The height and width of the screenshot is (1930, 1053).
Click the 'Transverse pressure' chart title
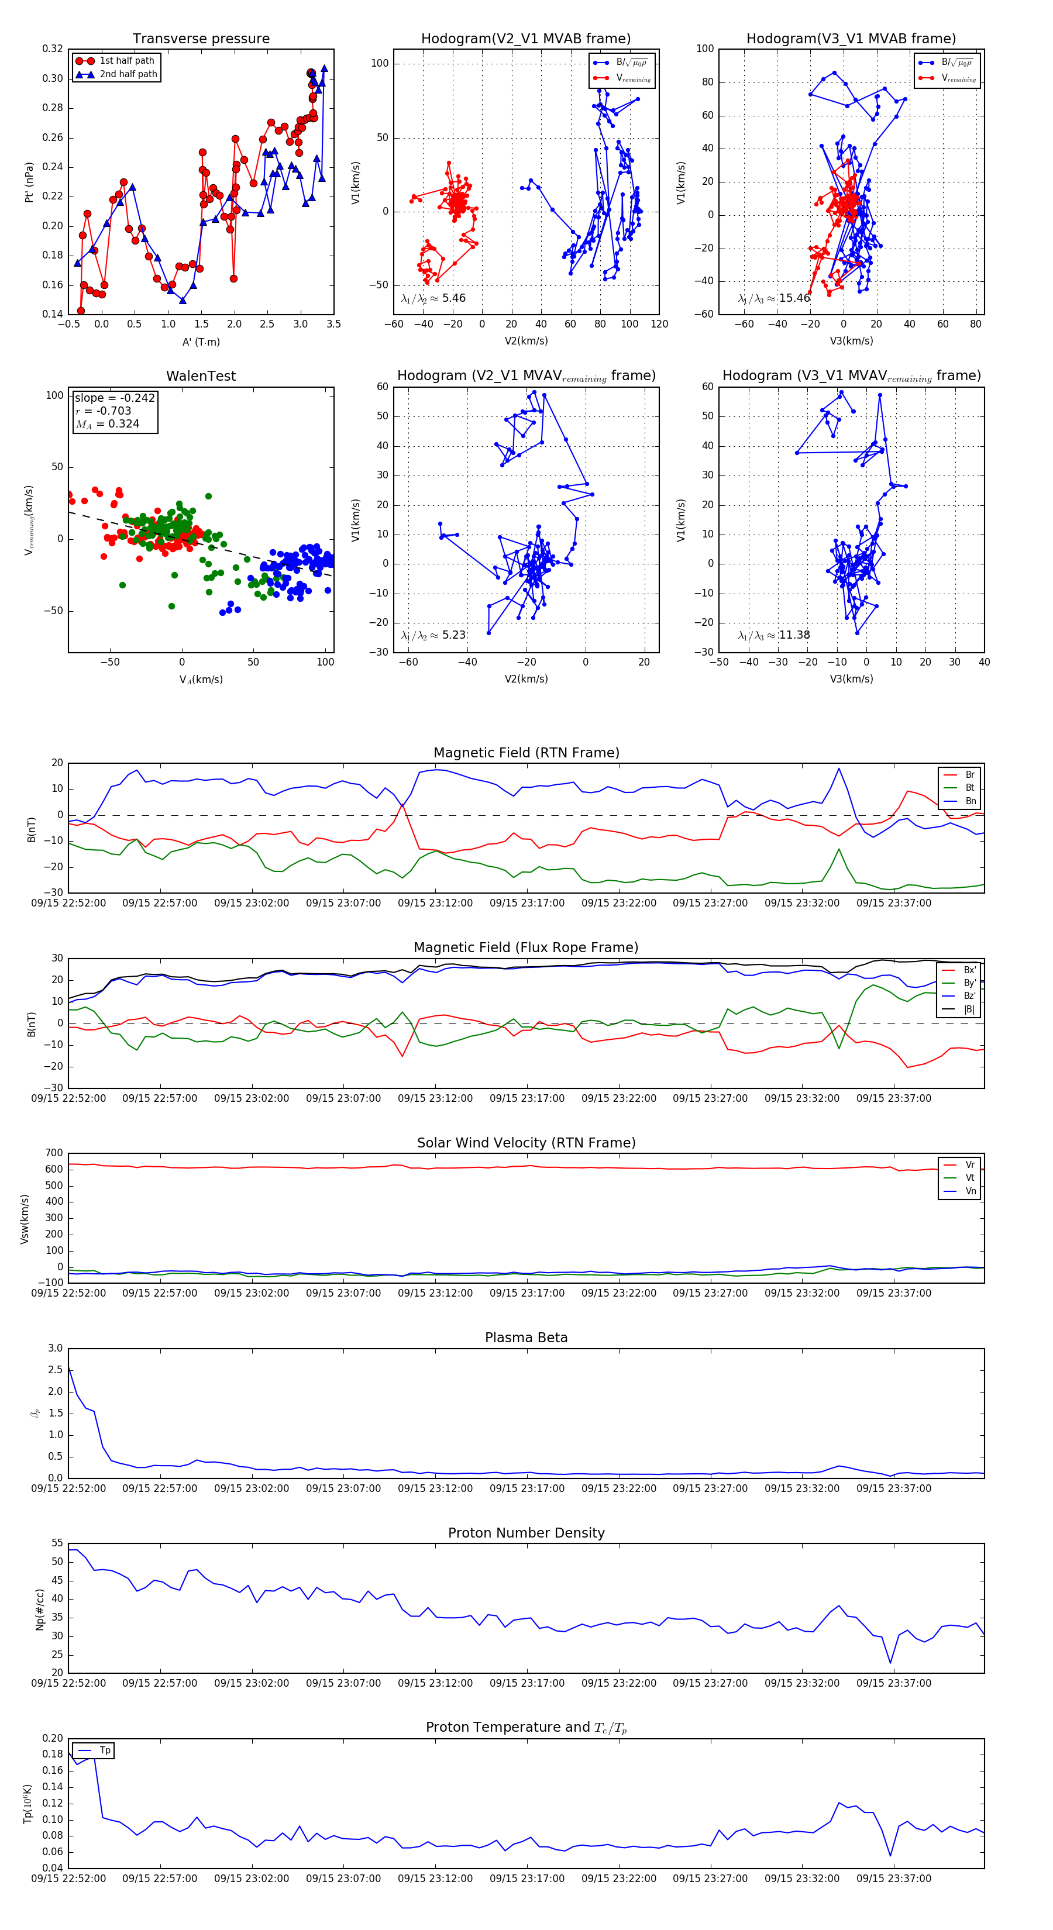pyautogui.click(x=201, y=39)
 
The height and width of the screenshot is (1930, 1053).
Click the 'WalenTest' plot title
pyautogui.click(x=201, y=376)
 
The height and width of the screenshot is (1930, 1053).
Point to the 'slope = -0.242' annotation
pyautogui.click(x=115, y=398)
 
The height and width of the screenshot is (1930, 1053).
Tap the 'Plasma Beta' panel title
pyautogui.click(x=526, y=1338)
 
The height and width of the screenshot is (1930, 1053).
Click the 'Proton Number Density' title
pyautogui.click(x=526, y=1533)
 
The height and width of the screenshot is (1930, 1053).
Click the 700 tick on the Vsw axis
pyautogui.click(x=54, y=1153)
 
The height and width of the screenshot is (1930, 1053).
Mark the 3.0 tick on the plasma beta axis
pyautogui.click(x=56, y=1348)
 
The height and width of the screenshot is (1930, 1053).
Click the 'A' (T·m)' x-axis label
pyautogui.click(x=201, y=342)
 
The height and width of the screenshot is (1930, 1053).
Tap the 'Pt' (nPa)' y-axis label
pyautogui.click(x=29, y=182)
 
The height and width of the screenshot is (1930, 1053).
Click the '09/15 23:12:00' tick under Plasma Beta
pyautogui.click(x=435, y=1488)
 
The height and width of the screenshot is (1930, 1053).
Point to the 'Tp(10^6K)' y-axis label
pyautogui.click(x=27, y=1804)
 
